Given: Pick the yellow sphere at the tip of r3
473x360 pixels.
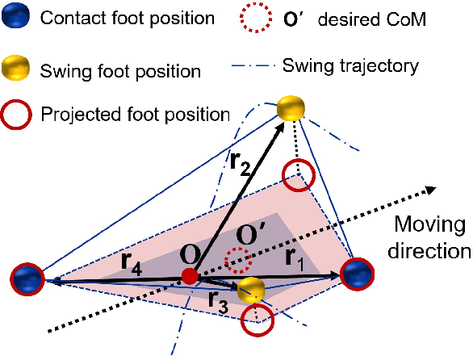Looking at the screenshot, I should (253, 289).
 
